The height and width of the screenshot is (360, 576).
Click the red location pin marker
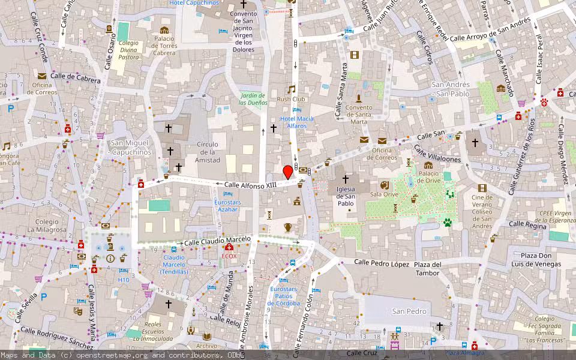(288, 172)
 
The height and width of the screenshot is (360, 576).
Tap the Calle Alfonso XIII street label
(250, 185)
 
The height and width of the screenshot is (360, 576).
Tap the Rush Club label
(292, 99)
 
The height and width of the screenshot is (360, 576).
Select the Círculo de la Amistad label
(208, 152)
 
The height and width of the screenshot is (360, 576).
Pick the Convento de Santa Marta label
(359, 115)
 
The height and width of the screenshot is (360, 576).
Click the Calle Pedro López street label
(382, 263)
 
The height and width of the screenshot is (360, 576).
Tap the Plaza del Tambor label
(427, 269)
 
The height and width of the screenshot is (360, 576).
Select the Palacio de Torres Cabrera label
(164, 46)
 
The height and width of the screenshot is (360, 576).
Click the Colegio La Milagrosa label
(43, 226)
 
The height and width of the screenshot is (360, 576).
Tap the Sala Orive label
(384, 194)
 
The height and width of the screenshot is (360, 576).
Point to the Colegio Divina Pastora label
(128, 50)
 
